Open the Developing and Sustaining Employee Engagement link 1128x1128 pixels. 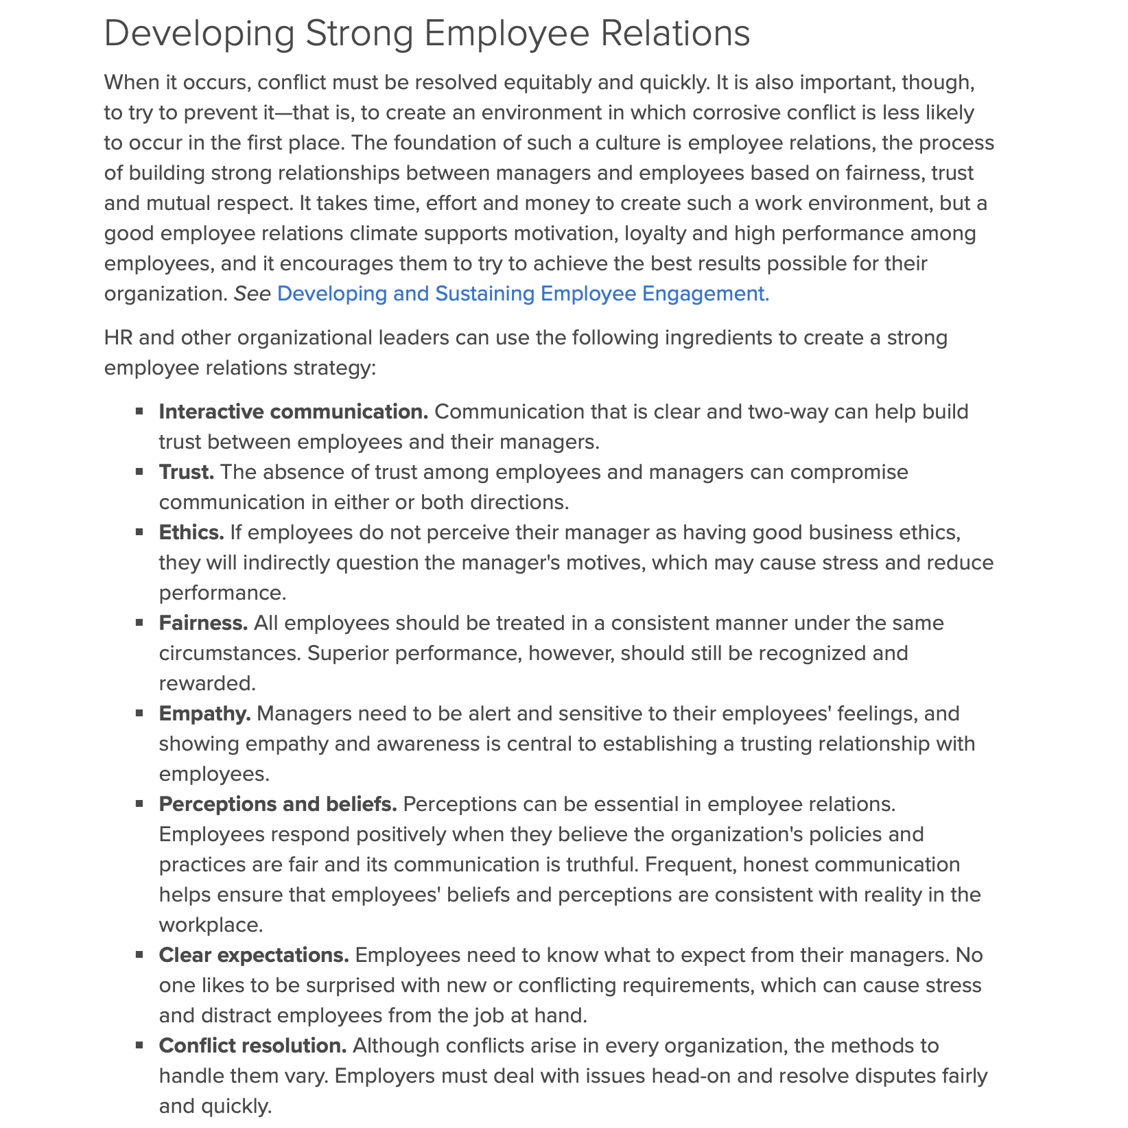[x=523, y=294]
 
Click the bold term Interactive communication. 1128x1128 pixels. [x=293, y=412]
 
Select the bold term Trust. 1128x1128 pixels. [x=187, y=472]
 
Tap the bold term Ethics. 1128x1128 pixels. [x=191, y=532]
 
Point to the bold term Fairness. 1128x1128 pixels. [x=203, y=623]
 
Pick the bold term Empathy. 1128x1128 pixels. [x=205, y=714]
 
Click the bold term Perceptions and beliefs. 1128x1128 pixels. [x=278, y=804]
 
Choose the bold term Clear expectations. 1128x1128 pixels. [x=254, y=955]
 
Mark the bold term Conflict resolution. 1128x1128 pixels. [x=252, y=1046]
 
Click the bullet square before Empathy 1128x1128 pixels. [x=139, y=713]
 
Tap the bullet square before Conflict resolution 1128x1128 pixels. [x=139, y=1045]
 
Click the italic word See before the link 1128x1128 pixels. [x=252, y=294]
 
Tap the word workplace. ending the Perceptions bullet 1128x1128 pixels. [x=211, y=925]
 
